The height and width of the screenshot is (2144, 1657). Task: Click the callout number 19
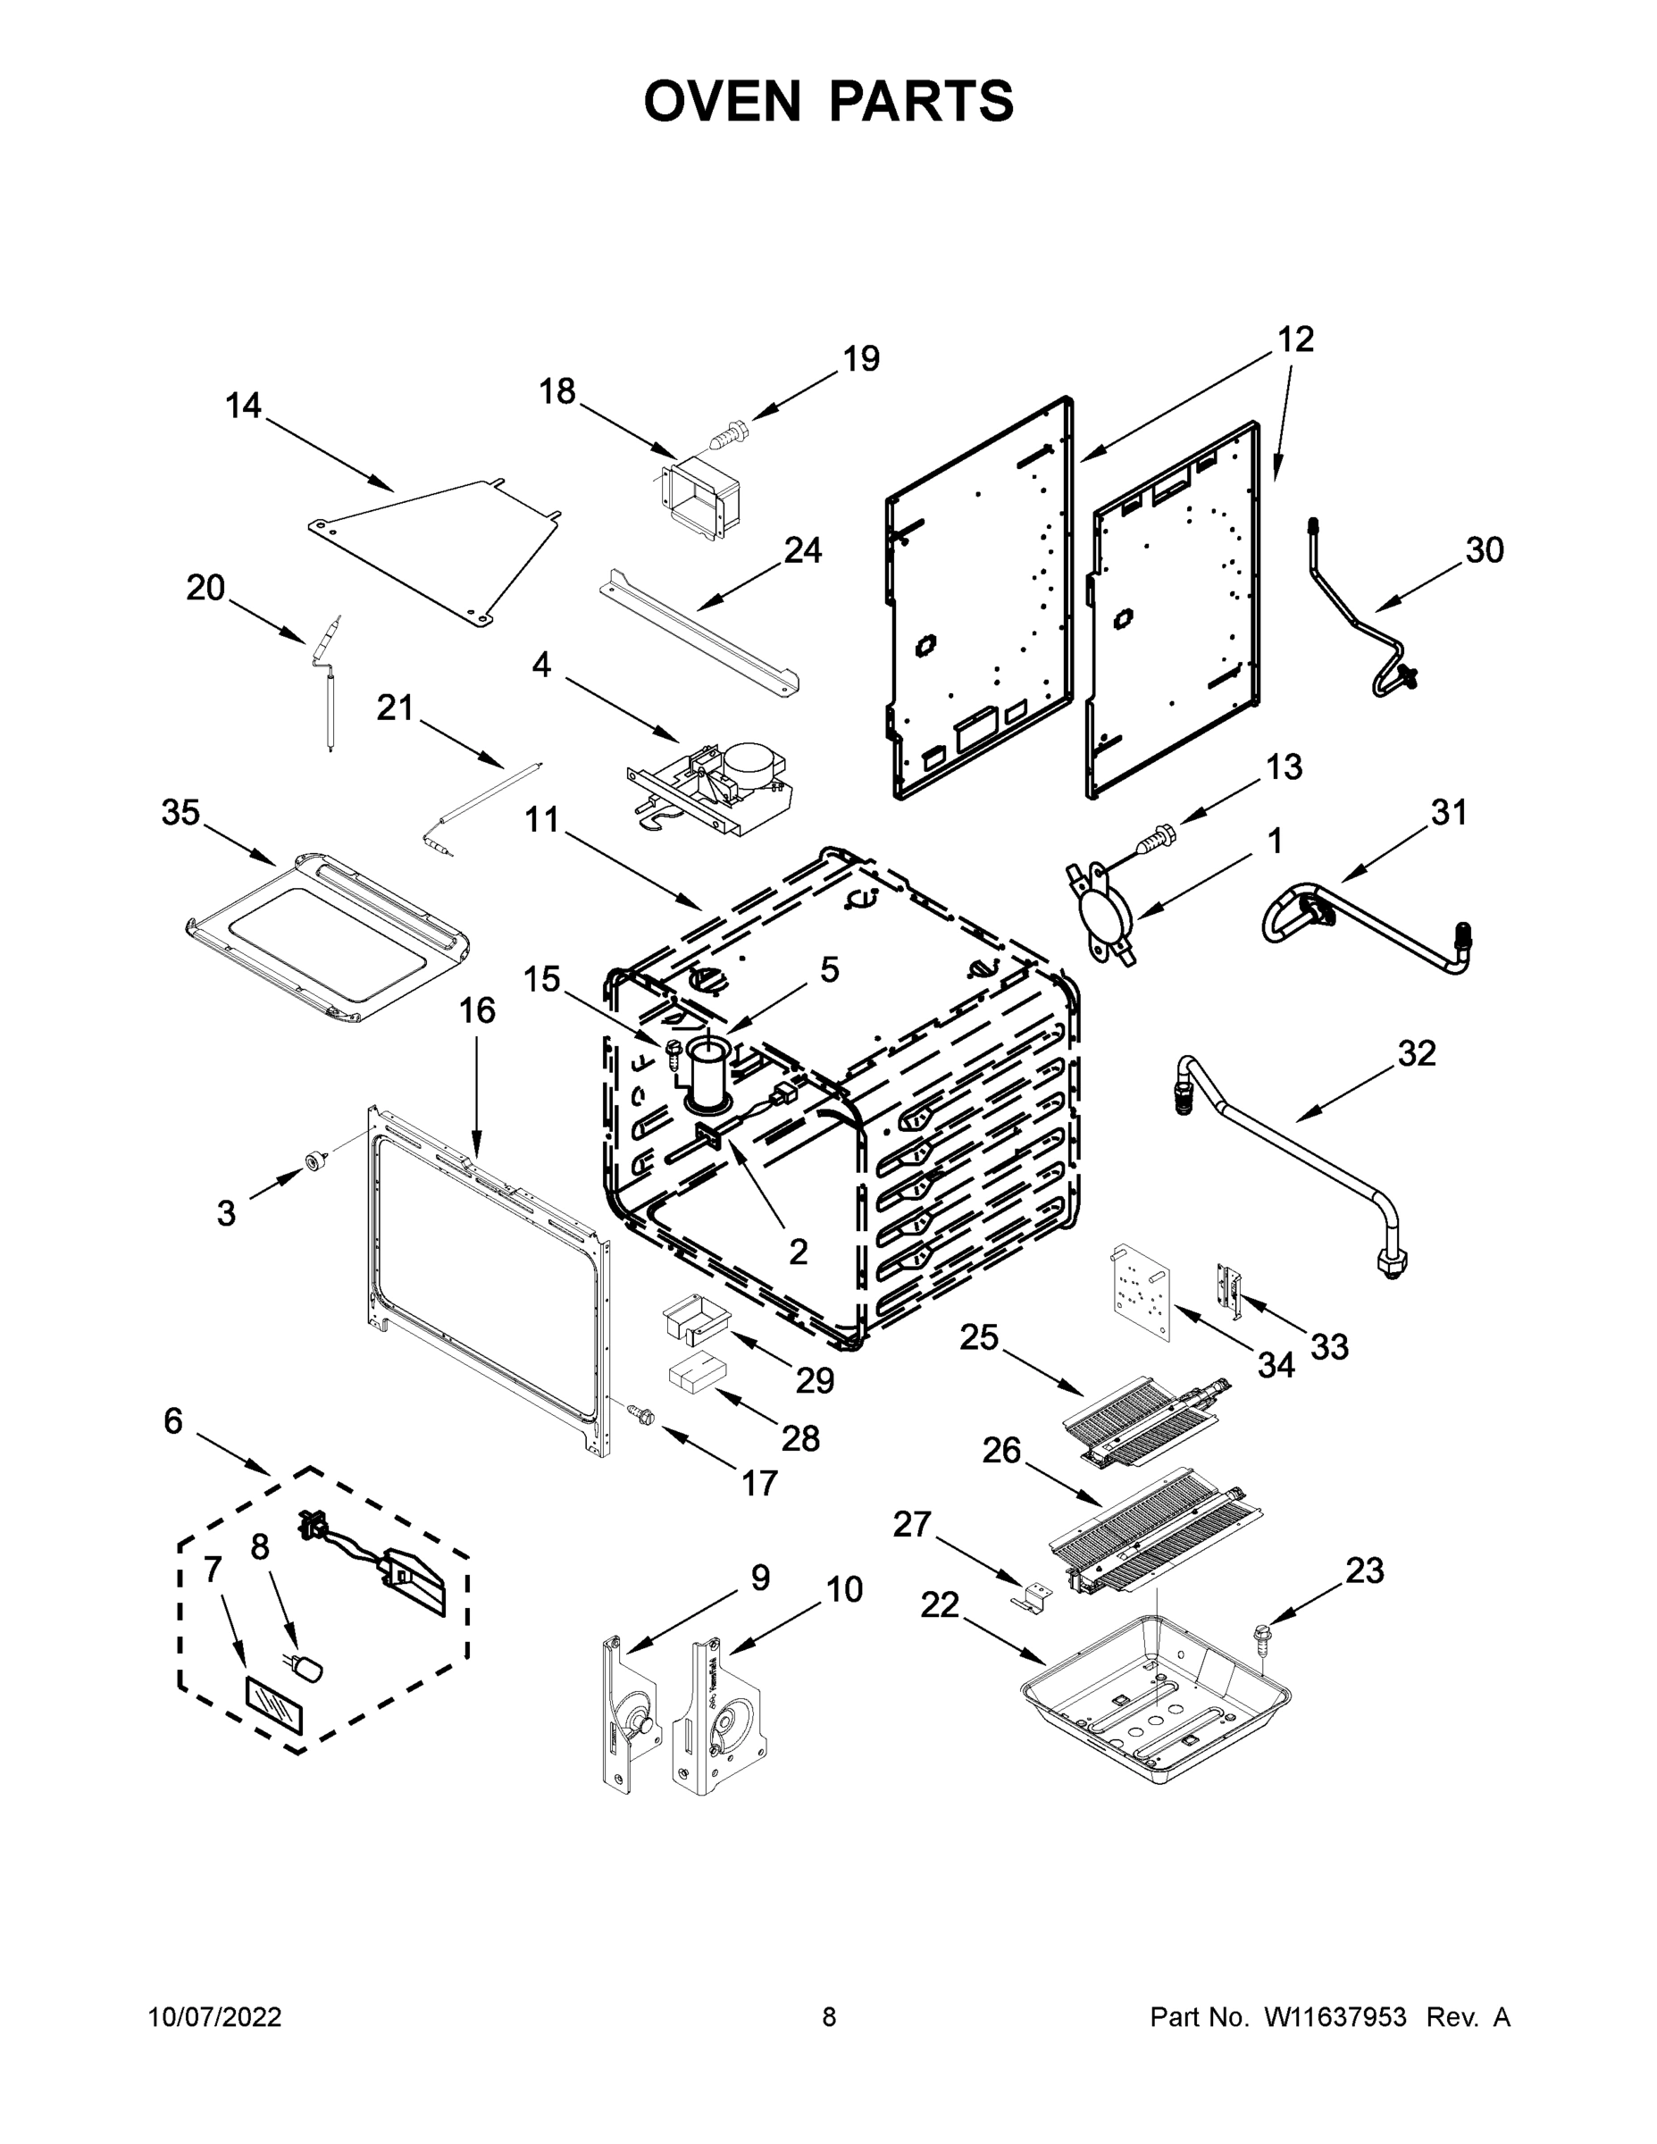(861, 358)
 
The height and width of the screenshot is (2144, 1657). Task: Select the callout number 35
(180, 813)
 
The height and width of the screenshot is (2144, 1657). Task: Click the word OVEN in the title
(722, 101)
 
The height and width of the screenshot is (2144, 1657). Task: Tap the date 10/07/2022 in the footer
(214, 2016)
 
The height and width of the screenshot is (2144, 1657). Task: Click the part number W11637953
(1335, 2016)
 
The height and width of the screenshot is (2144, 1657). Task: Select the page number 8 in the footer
(829, 2016)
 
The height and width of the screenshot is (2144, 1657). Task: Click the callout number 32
(1418, 1053)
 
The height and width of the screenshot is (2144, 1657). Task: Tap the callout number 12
(1296, 339)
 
